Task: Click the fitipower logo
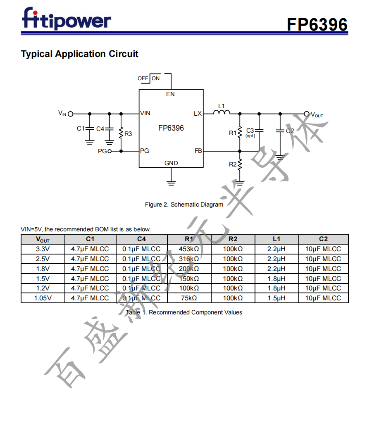pyautogui.click(x=66, y=20)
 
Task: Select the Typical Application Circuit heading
pyautogui.click(x=79, y=54)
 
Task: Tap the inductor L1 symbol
pyautogui.click(x=222, y=112)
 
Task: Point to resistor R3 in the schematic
pyautogui.click(x=121, y=133)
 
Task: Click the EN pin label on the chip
pyautogui.click(x=170, y=94)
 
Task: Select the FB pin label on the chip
pyautogui.click(x=198, y=151)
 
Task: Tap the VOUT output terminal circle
pyautogui.click(x=306, y=114)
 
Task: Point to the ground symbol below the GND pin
pyautogui.click(x=171, y=181)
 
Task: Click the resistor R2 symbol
pyautogui.click(x=240, y=164)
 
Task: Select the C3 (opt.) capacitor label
pyautogui.click(x=250, y=132)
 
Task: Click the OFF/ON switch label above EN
pyautogui.click(x=149, y=78)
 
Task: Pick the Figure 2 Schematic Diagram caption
pyautogui.click(x=184, y=205)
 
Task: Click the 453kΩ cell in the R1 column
pyautogui.click(x=189, y=249)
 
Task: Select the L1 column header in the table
pyautogui.click(x=276, y=239)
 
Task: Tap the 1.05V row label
pyautogui.click(x=43, y=298)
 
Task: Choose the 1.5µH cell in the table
pyautogui.click(x=276, y=298)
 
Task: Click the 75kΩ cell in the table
pyautogui.click(x=189, y=298)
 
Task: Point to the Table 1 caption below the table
pyautogui.click(x=184, y=312)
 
